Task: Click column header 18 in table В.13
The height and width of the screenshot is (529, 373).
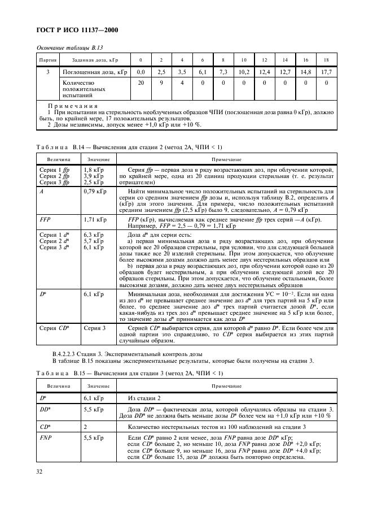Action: click(x=326, y=60)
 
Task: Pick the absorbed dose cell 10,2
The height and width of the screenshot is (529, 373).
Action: click(x=244, y=72)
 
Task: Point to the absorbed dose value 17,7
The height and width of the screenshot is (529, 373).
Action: click(x=326, y=72)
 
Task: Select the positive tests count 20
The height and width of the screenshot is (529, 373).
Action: click(x=141, y=83)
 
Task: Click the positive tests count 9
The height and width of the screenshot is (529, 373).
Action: click(x=161, y=83)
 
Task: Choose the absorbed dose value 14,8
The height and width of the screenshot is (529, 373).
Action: click(x=305, y=72)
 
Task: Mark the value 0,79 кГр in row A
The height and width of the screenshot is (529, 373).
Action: click(x=94, y=193)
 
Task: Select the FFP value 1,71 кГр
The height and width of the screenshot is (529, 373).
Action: click(x=94, y=219)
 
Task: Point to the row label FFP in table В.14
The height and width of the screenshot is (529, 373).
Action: click(x=45, y=219)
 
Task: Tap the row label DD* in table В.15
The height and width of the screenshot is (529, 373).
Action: click(x=45, y=409)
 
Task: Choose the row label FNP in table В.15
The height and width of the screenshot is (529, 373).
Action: click(x=45, y=437)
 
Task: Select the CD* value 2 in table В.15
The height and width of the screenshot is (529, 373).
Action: click(x=85, y=427)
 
